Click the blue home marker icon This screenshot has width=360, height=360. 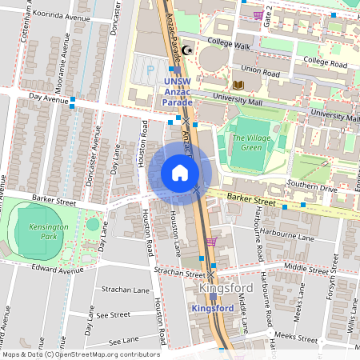tap(179, 172)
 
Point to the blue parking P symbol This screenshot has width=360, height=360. tap(150, 70)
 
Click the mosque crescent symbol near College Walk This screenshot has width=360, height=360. tap(189, 50)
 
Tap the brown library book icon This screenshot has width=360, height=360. tap(238, 85)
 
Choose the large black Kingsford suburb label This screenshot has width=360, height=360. tap(226, 288)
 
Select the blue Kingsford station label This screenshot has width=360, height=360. tap(213, 308)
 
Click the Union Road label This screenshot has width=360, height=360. tap(261, 71)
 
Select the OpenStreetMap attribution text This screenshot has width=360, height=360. tap(80, 354)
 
